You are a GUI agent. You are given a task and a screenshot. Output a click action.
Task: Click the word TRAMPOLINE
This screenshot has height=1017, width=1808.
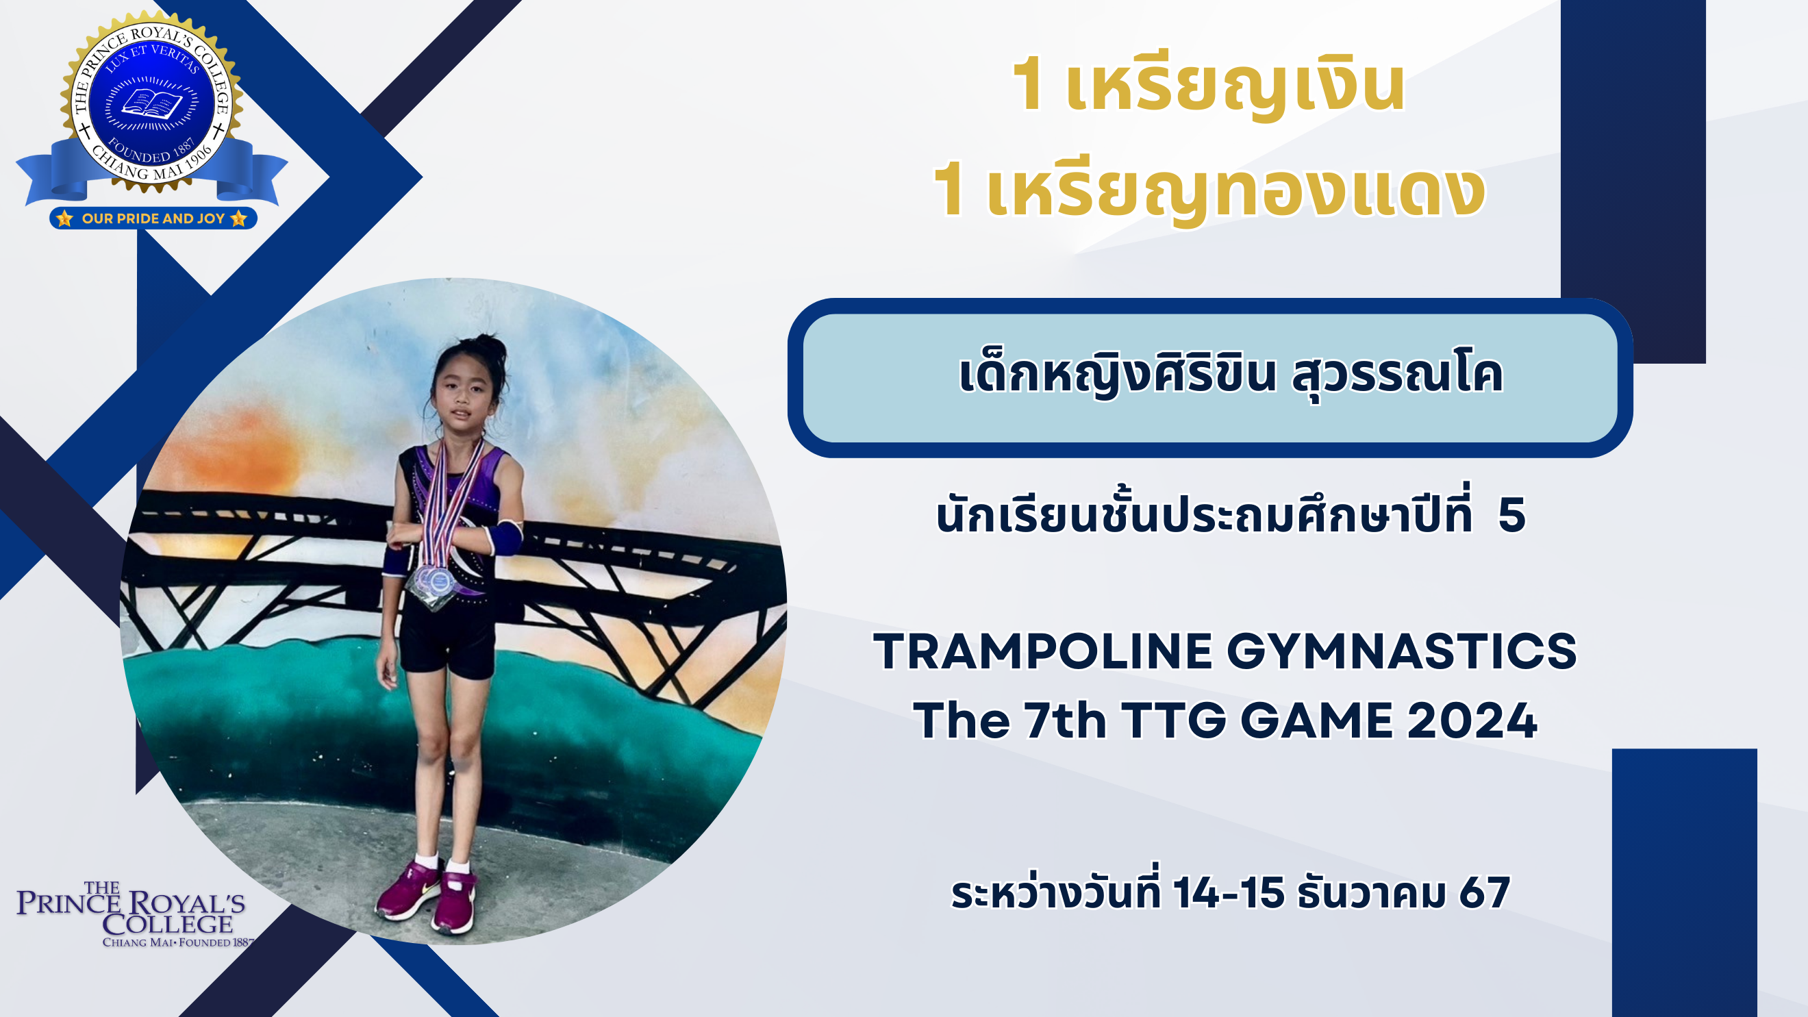pyautogui.click(x=1043, y=651)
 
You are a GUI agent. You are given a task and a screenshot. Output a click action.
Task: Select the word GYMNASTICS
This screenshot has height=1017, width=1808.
pyautogui.click(x=1402, y=651)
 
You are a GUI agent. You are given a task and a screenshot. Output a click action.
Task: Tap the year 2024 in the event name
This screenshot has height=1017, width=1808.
pyautogui.click(x=1472, y=721)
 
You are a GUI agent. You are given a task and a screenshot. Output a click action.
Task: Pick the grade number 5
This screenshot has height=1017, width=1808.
pyautogui.click(x=1511, y=515)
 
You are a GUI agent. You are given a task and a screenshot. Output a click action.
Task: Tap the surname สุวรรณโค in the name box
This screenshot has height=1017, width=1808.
pyautogui.click(x=1397, y=375)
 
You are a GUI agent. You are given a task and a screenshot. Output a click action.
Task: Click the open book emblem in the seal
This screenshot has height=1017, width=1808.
pyautogui.click(x=151, y=105)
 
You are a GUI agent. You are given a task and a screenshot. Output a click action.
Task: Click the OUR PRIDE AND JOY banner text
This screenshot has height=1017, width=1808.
pyautogui.click(x=153, y=218)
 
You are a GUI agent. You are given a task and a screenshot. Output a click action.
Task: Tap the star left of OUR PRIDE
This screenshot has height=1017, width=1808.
pyautogui.click(x=64, y=218)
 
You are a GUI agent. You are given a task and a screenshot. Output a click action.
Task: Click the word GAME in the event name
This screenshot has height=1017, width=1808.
pyautogui.click(x=1316, y=721)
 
